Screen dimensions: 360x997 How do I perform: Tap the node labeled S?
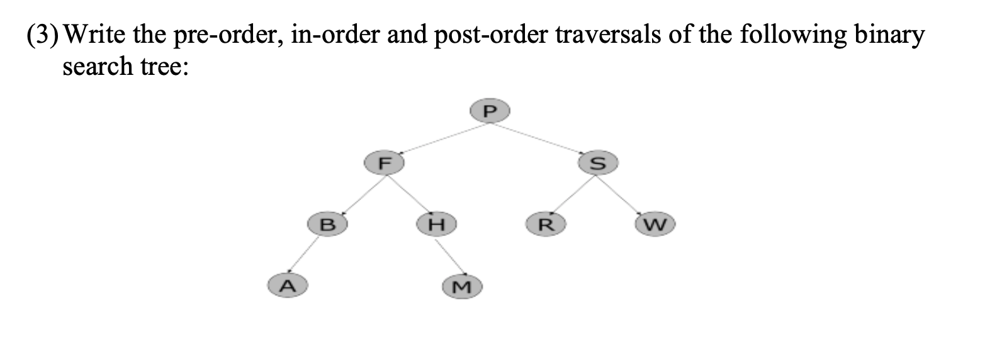pos(599,162)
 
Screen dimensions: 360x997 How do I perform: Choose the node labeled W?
pos(655,223)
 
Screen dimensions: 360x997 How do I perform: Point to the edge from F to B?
pos(356,192)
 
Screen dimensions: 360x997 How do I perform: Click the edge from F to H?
pos(410,193)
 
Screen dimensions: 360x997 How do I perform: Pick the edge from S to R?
pos(572,193)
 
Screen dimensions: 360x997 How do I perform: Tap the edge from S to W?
pos(627,193)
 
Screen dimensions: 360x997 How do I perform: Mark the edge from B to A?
pos(307,254)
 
